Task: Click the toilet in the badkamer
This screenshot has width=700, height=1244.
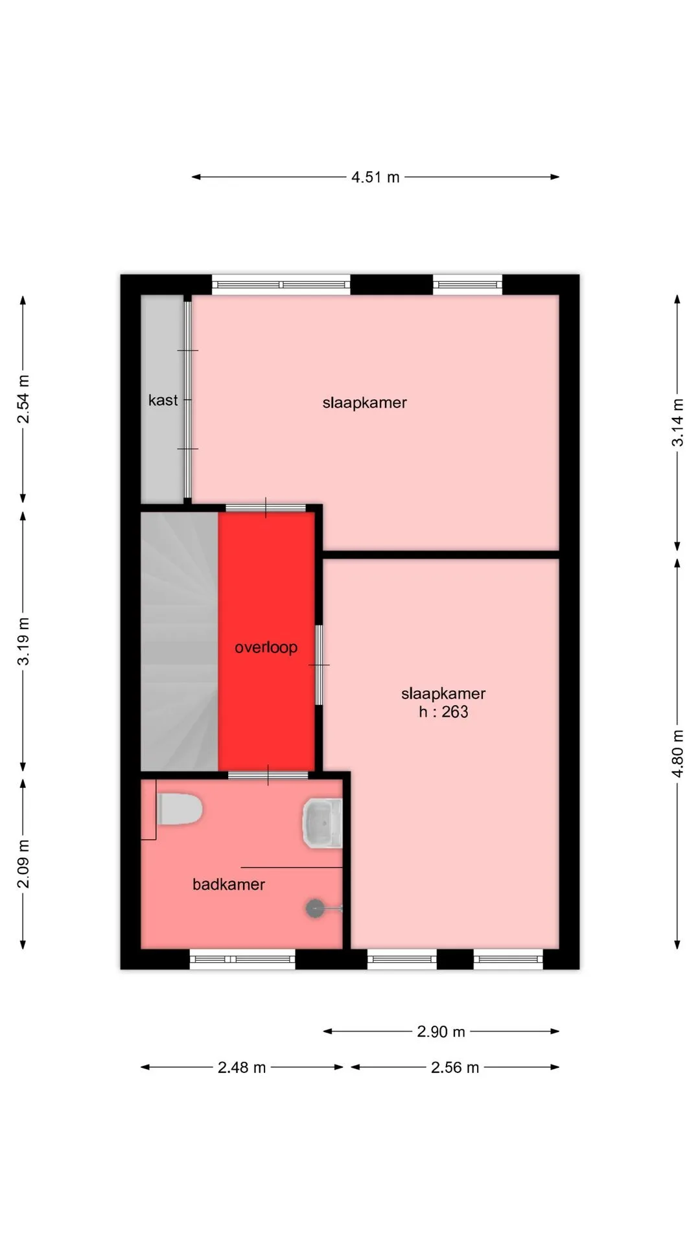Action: coord(180,809)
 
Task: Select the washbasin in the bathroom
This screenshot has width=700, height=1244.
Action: coord(322,824)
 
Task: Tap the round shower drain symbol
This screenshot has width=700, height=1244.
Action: coord(315,908)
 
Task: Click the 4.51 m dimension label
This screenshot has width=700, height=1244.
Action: coord(375,177)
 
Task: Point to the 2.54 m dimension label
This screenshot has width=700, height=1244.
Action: coord(23,399)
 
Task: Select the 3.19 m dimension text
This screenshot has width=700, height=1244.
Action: coord(23,641)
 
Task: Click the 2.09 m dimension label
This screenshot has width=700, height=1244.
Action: coord(23,864)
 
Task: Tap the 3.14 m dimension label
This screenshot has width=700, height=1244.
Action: coord(677,422)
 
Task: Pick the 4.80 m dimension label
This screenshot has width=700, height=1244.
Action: coord(677,754)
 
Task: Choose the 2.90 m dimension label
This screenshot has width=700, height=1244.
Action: coord(441,1031)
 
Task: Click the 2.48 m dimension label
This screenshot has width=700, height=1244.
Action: coord(242,1067)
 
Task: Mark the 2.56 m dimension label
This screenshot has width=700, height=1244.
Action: coord(455,1067)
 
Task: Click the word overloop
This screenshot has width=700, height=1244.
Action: coord(266,647)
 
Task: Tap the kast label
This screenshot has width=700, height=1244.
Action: coord(163,400)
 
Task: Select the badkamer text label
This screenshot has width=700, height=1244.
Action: coord(229,884)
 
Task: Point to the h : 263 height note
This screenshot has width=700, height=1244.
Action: coord(443,712)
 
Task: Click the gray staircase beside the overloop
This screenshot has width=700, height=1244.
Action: coord(180,641)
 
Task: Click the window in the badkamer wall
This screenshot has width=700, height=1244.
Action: coord(242,959)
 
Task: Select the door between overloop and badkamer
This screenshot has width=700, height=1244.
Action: coord(268,775)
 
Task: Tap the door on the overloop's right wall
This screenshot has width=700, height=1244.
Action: coord(319,665)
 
